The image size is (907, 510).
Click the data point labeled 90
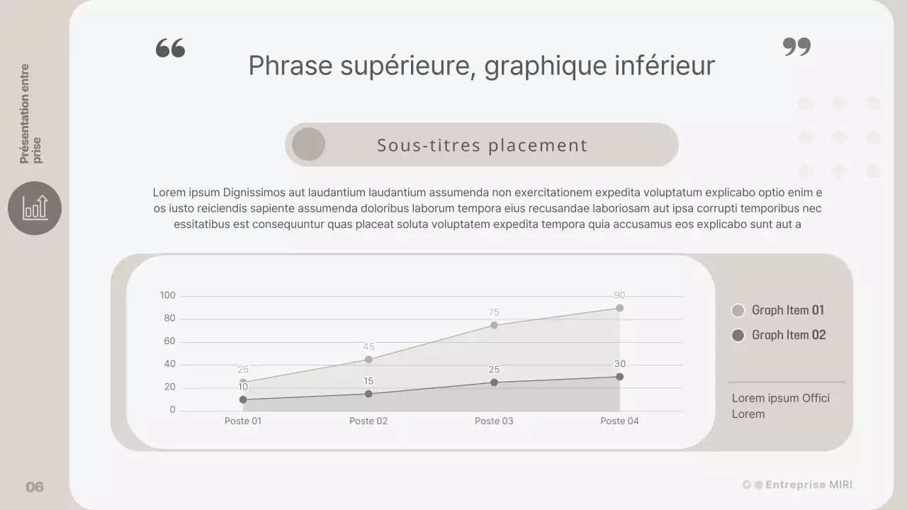[x=619, y=308]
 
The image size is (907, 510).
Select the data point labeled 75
[x=494, y=325]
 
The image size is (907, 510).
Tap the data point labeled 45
[x=368, y=360]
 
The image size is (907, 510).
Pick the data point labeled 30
[x=619, y=377]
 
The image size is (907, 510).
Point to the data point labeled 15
[x=368, y=394]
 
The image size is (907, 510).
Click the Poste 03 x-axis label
[x=494, y=421]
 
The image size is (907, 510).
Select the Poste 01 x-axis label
[x=243, y=421]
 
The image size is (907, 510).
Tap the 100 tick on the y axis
[x=167, y=295]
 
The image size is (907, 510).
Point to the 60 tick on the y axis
[x=169, y=341]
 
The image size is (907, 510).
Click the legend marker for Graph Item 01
[x=738, y=310]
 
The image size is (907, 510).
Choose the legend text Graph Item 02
[x=789, y=335]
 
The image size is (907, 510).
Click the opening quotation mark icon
[x=170, y=48]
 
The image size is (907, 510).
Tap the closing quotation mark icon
[x=796, y=47]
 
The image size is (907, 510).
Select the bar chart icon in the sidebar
[x=35, y=208]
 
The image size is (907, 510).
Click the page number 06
[x=35, y=487]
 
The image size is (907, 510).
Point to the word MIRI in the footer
[x=840, y=485]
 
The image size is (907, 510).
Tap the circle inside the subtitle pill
[x=308, y=144]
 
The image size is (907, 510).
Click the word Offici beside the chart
[x=816, y=398]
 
